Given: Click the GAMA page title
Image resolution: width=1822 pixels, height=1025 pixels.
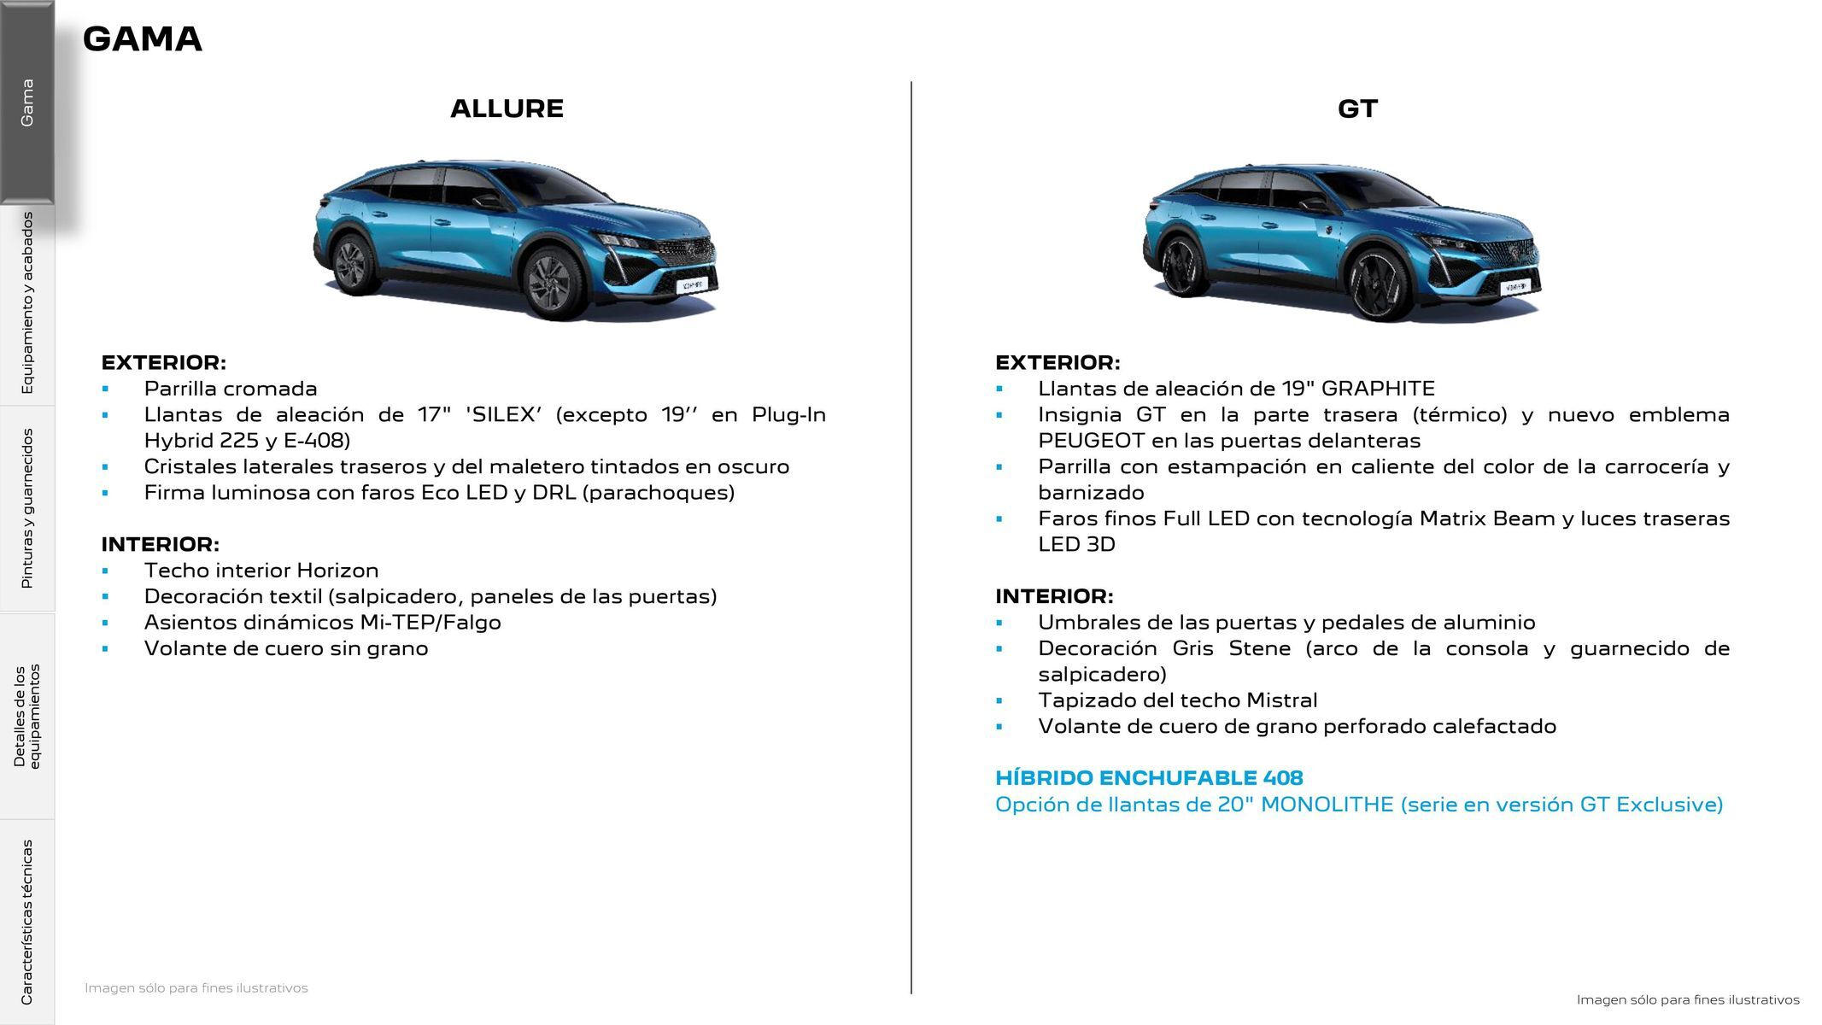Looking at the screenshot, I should pos(142,39).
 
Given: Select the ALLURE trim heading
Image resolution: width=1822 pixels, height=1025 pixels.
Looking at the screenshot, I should pos(507,108).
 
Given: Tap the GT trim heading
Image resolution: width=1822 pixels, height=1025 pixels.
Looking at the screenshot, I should pos(1357,108).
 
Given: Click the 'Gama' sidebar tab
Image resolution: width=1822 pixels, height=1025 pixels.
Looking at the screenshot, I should pos(27,102).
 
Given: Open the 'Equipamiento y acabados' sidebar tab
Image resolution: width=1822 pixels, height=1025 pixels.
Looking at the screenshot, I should pos(27,303).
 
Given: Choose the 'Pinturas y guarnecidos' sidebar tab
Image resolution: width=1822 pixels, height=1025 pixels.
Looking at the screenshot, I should pos(27,508).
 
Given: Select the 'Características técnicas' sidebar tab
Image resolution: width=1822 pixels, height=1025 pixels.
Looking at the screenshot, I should pos(27,921).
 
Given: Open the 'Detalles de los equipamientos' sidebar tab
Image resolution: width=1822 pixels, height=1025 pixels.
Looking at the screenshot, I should pos(27,716).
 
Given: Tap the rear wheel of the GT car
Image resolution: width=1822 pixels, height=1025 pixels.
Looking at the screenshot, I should pos(1180,267).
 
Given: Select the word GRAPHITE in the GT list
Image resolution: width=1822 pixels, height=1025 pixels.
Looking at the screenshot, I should pos(1377,389).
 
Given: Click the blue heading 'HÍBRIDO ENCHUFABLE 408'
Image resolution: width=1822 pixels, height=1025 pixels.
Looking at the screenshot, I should pos(1149,778).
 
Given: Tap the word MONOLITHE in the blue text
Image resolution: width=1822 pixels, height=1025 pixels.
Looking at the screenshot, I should pos(1327,805).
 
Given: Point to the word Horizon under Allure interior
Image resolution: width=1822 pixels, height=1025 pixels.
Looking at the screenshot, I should pos(338,571).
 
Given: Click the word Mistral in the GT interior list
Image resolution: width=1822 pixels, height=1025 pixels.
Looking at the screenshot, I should pos(1281,700).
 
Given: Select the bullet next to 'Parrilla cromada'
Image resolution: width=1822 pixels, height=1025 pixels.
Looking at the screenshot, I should pos(105,389).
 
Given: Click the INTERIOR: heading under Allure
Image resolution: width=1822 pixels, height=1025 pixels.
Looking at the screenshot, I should pos(161,544).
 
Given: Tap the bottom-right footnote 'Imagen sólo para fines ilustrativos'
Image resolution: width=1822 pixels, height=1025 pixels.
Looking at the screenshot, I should pos(1687,999).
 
